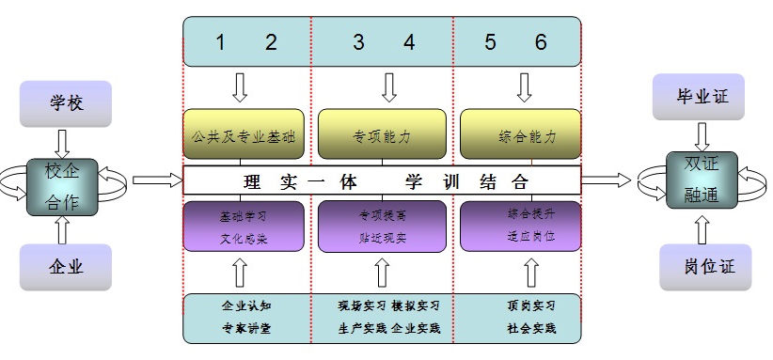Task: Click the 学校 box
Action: click(x=66, y=103)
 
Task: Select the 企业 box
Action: click(x=66, y=267)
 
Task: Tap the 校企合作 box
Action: click(x=65, y=184)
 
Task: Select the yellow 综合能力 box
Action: click(x=520, y=136)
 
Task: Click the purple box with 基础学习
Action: click(x=244, y=227)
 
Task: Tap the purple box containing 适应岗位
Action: click(x=520, y=227)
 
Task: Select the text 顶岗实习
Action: click(x=530, y=306)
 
